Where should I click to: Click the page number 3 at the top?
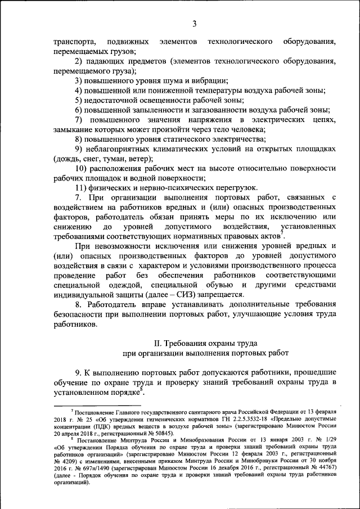194,23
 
